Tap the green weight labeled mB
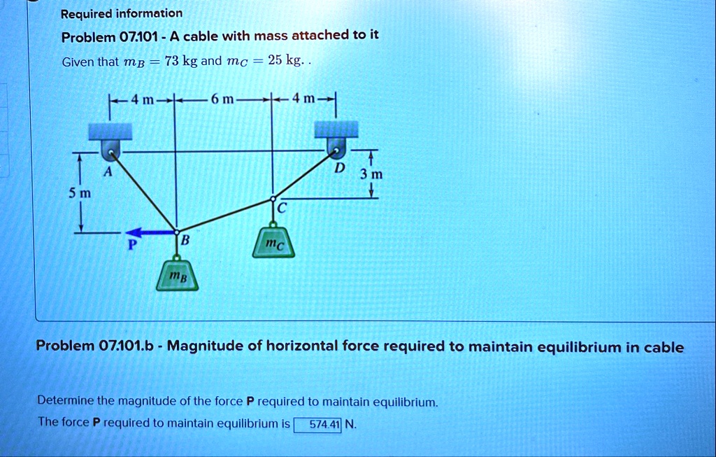[177, 275]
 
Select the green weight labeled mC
[273, 242]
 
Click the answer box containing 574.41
[317, 425]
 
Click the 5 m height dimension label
[80, 193]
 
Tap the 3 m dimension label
[371, 174]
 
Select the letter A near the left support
[107, 172]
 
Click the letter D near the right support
[339, 168]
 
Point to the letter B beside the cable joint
[185, 240]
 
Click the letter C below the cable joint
[282, 209]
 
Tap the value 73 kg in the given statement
[181, 61]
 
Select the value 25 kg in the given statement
[285, 60]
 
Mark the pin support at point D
[336, 147]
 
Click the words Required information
[122, 14]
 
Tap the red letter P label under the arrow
[132, 245]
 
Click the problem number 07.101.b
[126, 346]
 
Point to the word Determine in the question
[65, 401]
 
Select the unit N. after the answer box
[351, 425]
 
